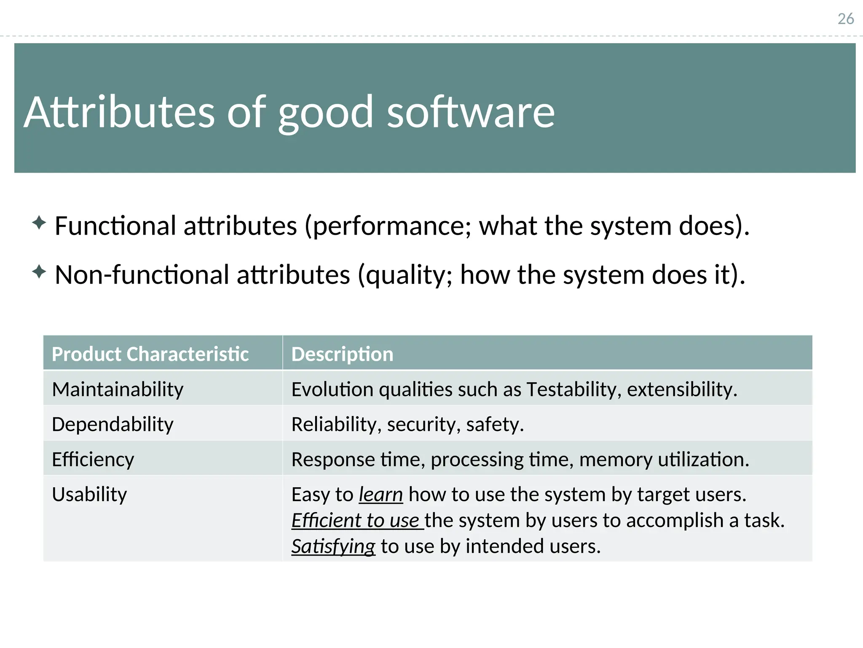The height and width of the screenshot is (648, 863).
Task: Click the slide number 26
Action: (845, 19)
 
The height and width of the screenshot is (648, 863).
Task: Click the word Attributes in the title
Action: (119, 112)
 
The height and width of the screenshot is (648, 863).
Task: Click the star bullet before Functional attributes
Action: (39, 222)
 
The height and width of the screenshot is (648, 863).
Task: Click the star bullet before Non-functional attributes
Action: (39, 271)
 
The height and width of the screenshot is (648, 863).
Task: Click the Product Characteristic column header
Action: (150, 354)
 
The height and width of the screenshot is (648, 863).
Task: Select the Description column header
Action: (342, 354)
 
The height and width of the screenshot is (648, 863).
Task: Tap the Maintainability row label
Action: (118, 389)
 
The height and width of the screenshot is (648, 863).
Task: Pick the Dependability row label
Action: (113, 424)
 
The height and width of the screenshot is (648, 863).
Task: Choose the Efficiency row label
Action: (93, 459)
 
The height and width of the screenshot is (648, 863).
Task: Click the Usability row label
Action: (89, 494)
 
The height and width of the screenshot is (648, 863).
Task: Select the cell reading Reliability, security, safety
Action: (407, 424)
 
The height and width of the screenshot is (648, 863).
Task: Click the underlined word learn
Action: (381, 494)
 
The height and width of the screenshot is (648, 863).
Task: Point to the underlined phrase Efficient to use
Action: (356, 520)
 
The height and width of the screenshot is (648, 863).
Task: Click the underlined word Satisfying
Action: (333, 546)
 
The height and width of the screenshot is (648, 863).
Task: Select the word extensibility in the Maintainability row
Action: (681, 389)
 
